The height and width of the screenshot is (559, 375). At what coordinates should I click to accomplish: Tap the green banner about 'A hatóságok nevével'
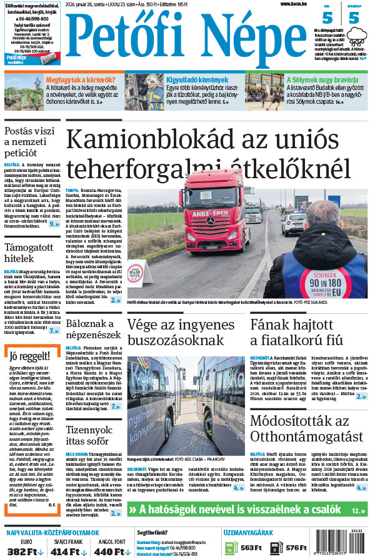coord(247,509)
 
